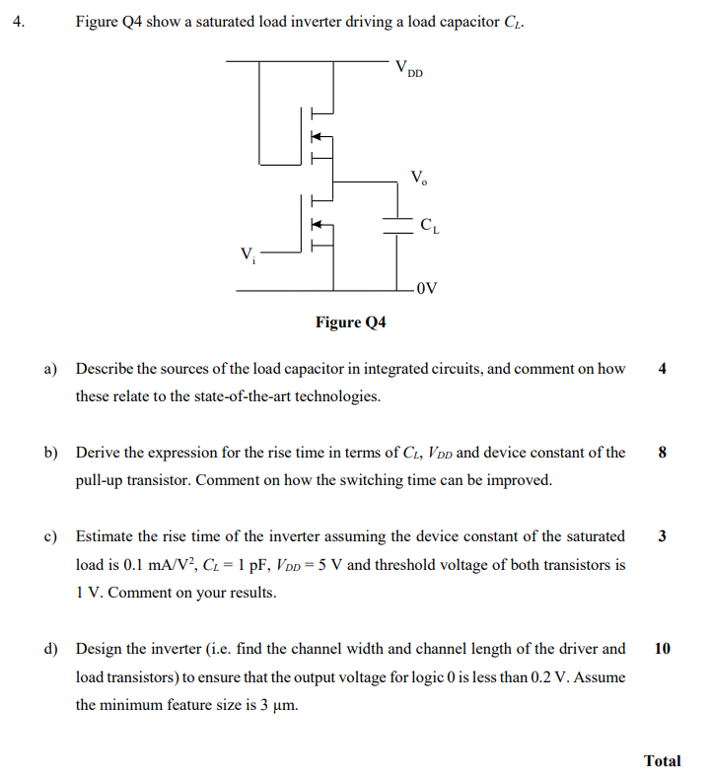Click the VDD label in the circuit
point(407,71)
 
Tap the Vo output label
point(419,179)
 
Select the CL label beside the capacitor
point(430,227)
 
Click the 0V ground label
point(426,290)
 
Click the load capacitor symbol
point(397,225)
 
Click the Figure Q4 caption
point(350,322)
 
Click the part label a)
point(51,370)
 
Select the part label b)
point(51,454)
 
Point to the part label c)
point(51,537)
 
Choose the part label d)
point(51,650)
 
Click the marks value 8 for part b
point(662,454)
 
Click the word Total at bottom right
point(662,760)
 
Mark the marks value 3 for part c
point(662,537)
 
